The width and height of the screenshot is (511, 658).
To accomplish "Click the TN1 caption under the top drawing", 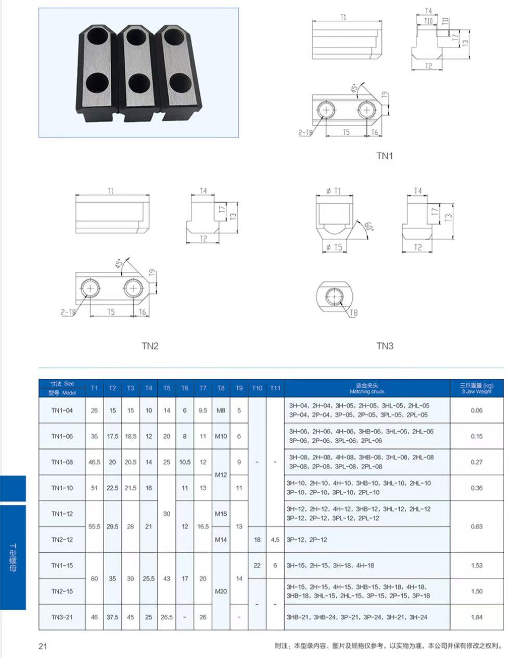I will [385, 156].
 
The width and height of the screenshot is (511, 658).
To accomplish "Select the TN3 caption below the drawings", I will [385, 346].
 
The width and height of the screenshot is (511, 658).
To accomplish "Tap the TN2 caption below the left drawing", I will [150, 346].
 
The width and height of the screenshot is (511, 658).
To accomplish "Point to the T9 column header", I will [239, 388].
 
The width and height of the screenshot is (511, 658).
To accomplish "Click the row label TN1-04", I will [62, 411].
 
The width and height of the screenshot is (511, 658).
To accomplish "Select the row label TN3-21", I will [62, 617].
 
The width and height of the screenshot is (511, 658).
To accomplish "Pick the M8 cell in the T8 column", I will [221, 411].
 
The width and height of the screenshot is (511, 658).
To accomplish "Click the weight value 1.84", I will [476, 617].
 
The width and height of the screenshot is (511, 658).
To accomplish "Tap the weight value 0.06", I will [476, 411].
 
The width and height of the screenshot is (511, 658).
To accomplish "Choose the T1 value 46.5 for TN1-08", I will [94, 462].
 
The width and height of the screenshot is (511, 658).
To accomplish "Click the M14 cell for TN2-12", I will [221, 540].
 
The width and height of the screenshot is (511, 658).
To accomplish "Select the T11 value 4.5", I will [275, 540].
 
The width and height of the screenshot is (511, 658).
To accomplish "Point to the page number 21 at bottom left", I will [43, 647].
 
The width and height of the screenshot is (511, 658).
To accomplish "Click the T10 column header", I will [257, 388].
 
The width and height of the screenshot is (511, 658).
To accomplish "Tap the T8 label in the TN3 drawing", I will [353, 313].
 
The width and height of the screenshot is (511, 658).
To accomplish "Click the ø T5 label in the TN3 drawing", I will [334, 247].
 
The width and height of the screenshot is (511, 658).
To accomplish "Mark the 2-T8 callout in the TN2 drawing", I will [68, 312].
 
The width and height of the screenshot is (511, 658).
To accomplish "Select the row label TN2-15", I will [62, 591].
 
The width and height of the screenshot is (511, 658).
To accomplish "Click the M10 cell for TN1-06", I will [221, 436].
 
